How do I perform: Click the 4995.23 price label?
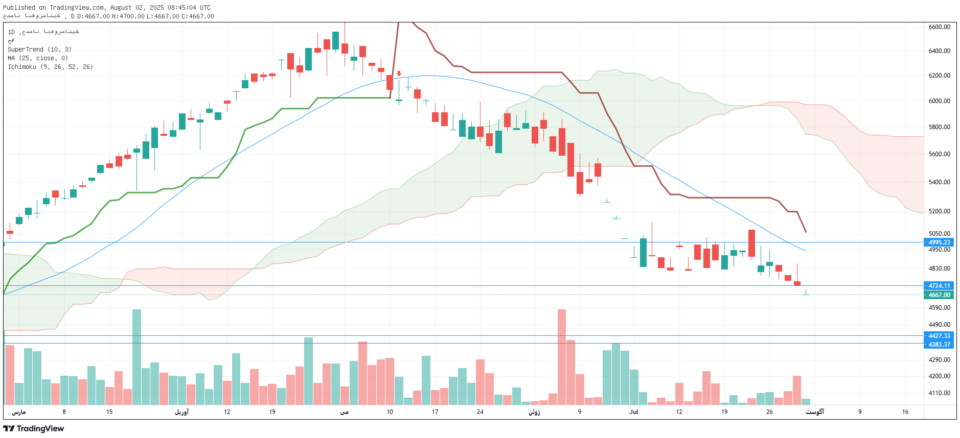coord(939,242)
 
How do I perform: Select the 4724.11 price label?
coord(939,286)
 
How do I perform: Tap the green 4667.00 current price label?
coord(939,295)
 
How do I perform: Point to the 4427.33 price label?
coord(939,336)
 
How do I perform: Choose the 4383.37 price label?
coord(939,345)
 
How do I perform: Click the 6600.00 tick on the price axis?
coord(939,27)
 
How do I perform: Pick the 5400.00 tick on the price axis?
coord(939,182)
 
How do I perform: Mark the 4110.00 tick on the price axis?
coord(939,393)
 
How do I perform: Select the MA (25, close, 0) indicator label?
coord(38,58)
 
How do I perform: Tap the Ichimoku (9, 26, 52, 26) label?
coord(50,67)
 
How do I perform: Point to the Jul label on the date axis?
coord(634,412)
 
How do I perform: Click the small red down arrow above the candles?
coord(399,74)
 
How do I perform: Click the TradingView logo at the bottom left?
coord(34,429)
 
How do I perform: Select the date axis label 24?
coord(480,412)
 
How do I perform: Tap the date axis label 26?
coord(769,412)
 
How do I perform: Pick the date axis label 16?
coord(905,412)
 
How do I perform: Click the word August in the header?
coord(121,8)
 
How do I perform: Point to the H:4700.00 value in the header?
coord(128,16)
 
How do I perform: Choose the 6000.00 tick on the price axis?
coord(939,101)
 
